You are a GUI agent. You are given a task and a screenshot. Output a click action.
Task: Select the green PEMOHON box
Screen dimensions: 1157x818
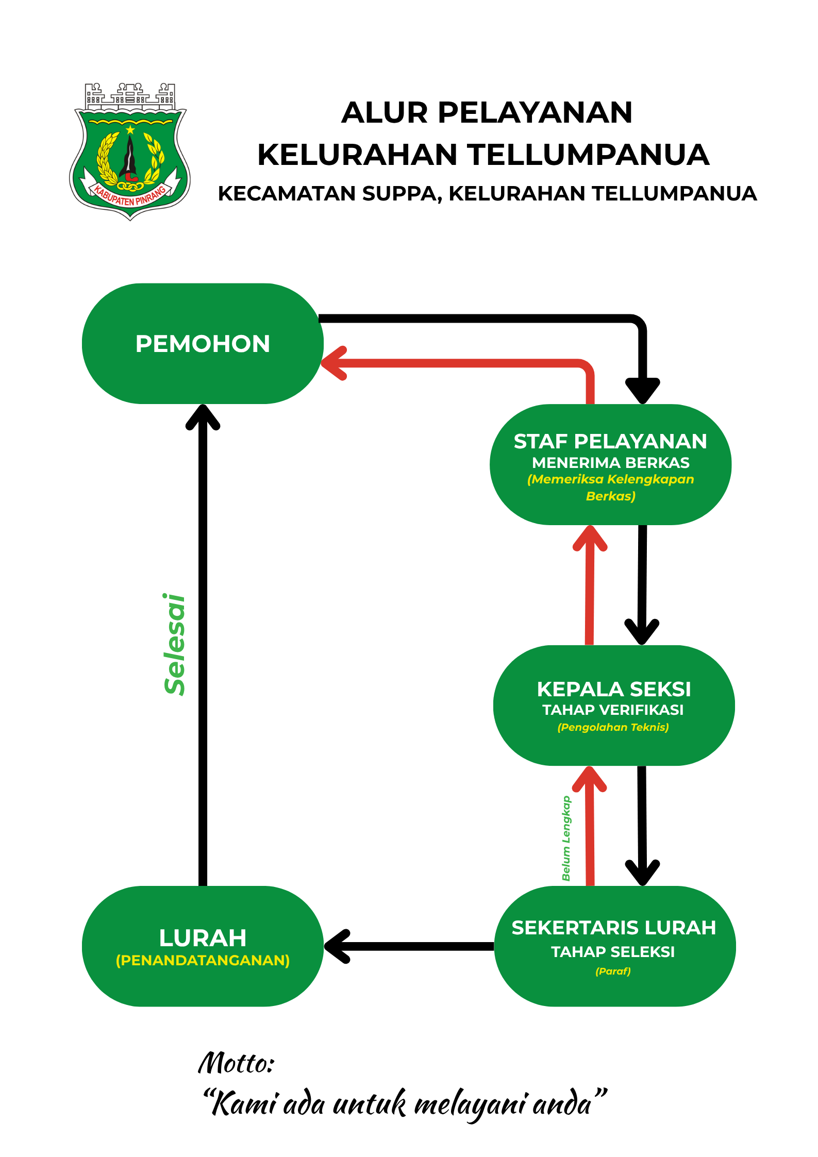[202, 344]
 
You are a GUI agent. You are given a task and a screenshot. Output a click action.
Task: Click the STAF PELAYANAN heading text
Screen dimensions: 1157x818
[610, 442]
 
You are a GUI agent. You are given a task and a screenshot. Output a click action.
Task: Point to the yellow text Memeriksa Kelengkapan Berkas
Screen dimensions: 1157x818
[610, 487]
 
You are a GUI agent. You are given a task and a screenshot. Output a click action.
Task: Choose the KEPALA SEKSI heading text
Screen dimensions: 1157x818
[613, 689]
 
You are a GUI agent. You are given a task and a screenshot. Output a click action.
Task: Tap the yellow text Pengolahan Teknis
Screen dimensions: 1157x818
[613, 727]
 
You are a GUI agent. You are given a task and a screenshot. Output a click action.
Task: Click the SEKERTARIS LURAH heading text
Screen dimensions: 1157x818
[613, 928]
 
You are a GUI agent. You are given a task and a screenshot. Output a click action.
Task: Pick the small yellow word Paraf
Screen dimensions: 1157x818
[613, 971]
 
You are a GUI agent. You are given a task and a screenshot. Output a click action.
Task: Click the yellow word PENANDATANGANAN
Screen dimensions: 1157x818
[203, 960]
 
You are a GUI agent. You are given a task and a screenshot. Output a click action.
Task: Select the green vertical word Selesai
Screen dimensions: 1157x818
[175, 644]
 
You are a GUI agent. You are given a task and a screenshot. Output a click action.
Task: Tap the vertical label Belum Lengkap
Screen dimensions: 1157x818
[566, 838]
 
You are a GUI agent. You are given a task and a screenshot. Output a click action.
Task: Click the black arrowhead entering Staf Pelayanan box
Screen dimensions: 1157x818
[642, 390]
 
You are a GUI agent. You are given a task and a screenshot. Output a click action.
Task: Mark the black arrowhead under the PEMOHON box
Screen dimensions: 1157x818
[203, 417]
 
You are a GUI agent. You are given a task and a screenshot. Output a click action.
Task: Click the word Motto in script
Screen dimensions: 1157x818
[236, 1064]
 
